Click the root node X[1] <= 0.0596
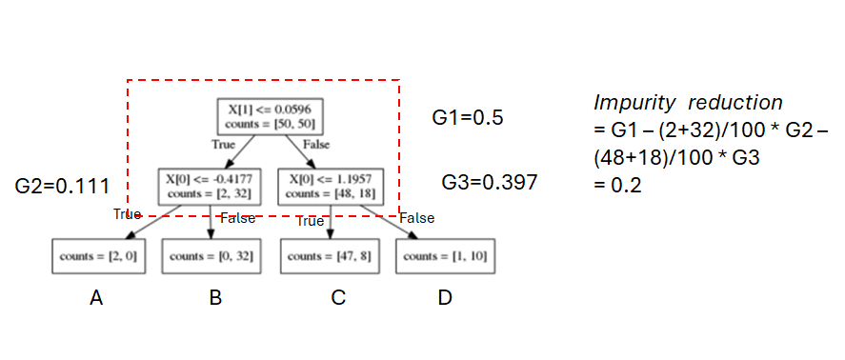coord(267,117)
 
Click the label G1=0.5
coord(468,118)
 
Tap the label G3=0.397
coord(490,181)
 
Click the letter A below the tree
coord(96,298)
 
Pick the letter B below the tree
coord(215,298)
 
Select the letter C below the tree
coord(338,298)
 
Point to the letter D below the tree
coord(445,298)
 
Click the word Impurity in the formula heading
coord(633,102)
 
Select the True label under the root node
coord(222,144)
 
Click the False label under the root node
coord(316,144)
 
